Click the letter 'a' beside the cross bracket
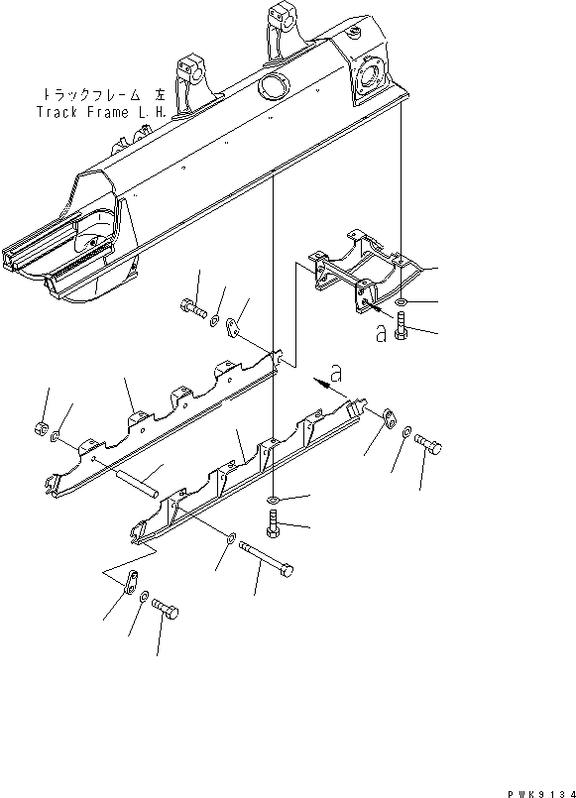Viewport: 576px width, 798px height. [382, 333]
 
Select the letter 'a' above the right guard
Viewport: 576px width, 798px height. [336, 374]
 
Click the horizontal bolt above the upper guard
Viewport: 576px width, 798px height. [194, 309]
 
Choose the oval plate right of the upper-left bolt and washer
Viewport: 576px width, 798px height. [234, 327]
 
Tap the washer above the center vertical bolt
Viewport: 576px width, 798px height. [272, 496]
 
